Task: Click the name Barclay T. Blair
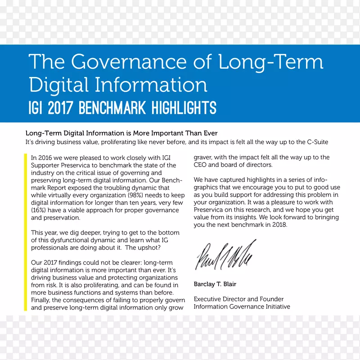pyautogui.click(x=215, y=284)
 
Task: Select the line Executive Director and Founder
pyautogui.click(x=238, y=299)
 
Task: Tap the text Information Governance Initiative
pyautogui.click(x=242, y=306)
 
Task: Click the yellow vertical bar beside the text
pyautogui.click(x=25, y=232)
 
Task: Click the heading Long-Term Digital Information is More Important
pyautogui.click(x=121, y=133)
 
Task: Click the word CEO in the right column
pyautogui.click(x=200, y=165)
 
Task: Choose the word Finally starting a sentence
pyautogui.click(x=41, y=300)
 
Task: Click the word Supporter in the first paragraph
pyautogui.click(x=45, y=165)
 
